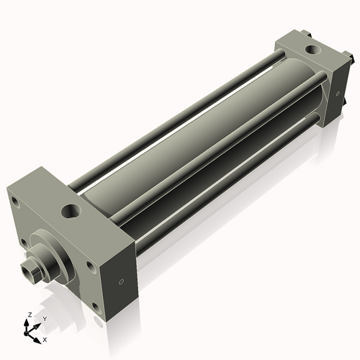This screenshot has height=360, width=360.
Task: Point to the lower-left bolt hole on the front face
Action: point(24,241)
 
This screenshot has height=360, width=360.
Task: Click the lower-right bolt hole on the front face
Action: point(94,309)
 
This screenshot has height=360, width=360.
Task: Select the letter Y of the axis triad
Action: point(45,318)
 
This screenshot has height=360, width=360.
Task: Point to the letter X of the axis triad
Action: point(45,338)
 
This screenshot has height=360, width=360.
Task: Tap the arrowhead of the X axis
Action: point(38,336)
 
